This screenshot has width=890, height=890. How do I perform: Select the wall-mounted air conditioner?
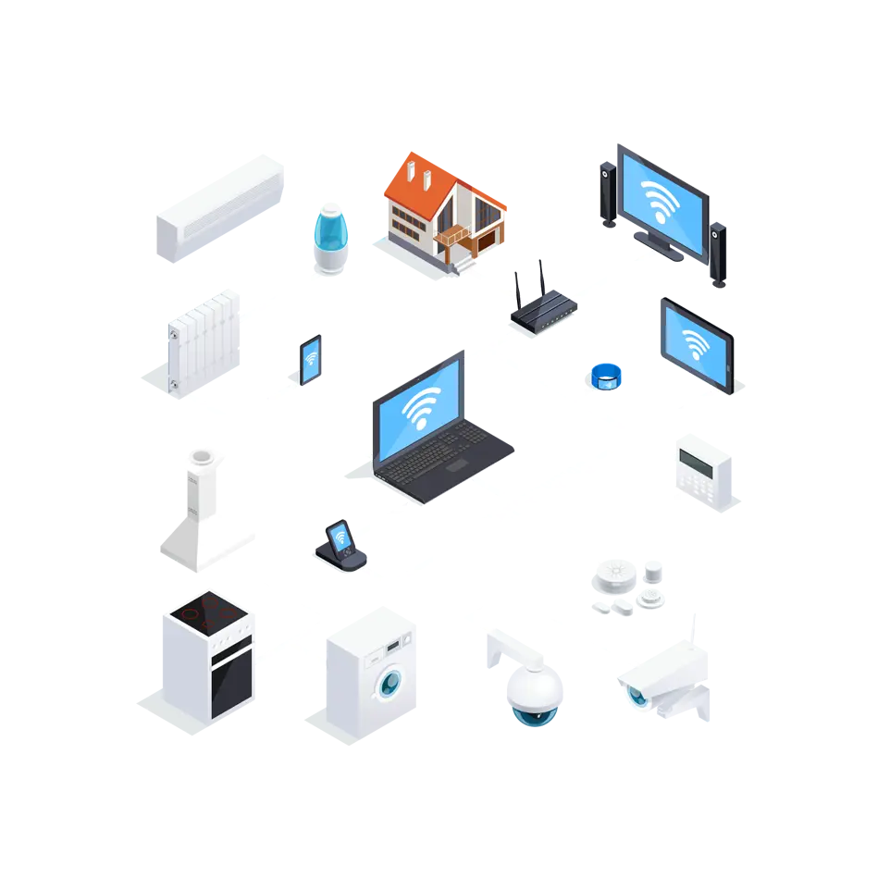coord(218,207)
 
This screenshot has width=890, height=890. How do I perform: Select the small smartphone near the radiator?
coord(310,360)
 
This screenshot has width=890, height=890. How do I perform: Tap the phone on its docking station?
coord(340,542)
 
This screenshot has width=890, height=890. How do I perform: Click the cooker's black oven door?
coord(230,685)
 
